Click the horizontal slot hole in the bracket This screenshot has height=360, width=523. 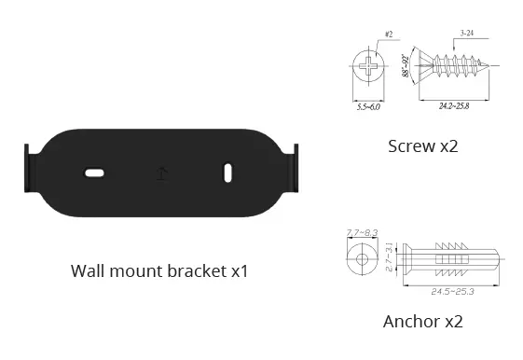point(95,173)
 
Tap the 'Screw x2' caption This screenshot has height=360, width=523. point(422,145)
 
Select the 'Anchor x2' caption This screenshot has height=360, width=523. point(422,322)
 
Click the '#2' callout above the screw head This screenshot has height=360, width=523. point(387,34)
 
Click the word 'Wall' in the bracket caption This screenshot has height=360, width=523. point(89,271)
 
